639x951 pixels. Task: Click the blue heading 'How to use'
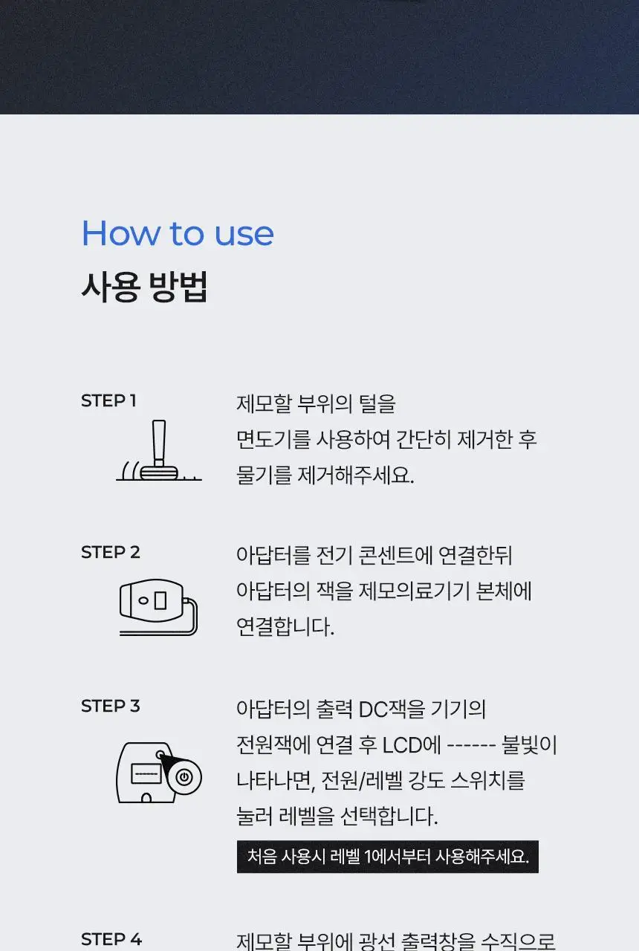click(x=178, y=233)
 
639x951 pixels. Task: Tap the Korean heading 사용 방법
click(x=144, y=287)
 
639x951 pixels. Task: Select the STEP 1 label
click(x=108, y=400)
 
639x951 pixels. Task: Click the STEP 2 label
click(x=111, y=552)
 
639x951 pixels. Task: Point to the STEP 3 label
click(x=111, y=706)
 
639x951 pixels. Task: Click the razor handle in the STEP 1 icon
click(x=159, y=442)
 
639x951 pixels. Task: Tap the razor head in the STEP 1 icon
click(x=159, y=473)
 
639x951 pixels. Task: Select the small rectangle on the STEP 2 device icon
click(x=160, y=601)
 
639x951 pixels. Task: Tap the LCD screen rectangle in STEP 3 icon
click(x=146, y=773)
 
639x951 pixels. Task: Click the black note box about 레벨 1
click(x=388, y=857)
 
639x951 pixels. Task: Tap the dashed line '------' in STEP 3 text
click(x=471, y=745)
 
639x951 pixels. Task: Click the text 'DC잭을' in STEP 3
click(x=392, y=709)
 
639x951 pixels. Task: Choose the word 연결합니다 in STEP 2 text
click(x=285, y=627)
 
